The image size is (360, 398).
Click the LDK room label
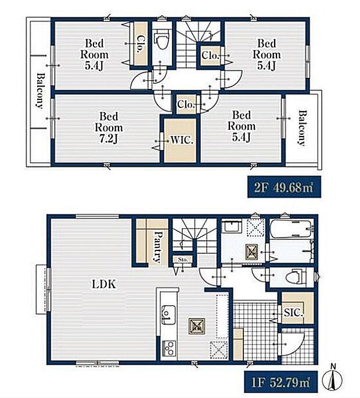(104, 284)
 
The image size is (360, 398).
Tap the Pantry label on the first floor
(158, 247)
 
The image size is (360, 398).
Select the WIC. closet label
(182, 140)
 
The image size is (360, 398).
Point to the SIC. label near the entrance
(293, 313)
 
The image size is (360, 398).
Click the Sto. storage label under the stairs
(183, 260)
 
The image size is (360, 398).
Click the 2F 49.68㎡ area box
(284, 187)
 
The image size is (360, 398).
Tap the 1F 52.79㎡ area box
(281, 382)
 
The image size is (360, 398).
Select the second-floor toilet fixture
(161, 40)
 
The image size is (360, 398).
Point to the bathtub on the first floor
(290, 229)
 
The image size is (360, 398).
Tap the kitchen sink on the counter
(168, 315)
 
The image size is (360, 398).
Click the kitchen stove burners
(169, 348)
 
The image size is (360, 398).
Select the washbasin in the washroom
(232, 227)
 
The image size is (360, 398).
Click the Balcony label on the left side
(40, 91)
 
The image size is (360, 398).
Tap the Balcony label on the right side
(302, 128)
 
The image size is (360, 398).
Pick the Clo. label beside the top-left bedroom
(141, 44)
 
